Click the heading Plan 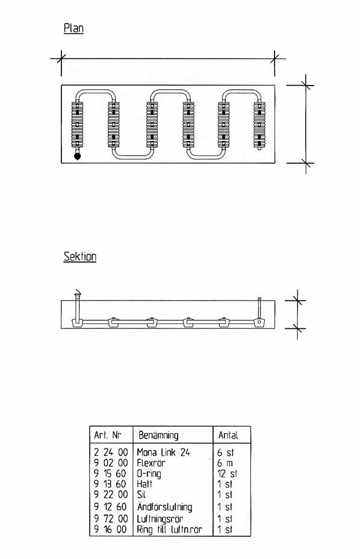tap(73, 28)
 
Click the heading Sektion tap(80, 257)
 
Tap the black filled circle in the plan tap(77, 156)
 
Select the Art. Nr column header tap(108, 435)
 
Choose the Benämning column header tap(158, 435)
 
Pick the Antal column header tap(228, 435)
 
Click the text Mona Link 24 tap(163, 452)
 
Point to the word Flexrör tap(151, 463)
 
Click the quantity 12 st tap(227, 473)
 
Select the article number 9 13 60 tap(110, 484)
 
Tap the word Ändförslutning tap(165, 507)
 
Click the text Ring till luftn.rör tap(169, 529)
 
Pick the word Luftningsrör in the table tap(160, 519)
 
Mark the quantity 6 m tap(225, 463)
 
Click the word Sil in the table tap(141, 495)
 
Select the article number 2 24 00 tap(111, 452)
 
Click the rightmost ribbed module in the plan tap(259, 125)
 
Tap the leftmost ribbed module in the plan tap(77, 125)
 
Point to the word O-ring tap(149, 474)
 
